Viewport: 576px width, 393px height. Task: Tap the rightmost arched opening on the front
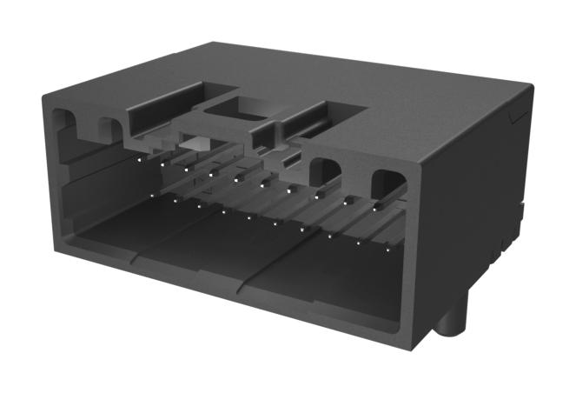[x=388, y=186]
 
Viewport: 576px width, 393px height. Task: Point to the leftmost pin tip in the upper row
[x=137, y=157]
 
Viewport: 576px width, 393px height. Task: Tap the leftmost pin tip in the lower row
[x=153, y=196]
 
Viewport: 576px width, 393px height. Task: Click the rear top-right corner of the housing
[x=532, y=84]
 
